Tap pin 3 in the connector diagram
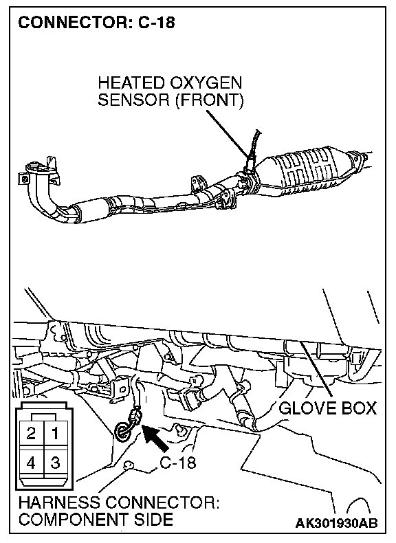[x=55, y=463]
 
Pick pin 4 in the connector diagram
[x=32, y=463]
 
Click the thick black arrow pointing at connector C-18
[x=155, y=439]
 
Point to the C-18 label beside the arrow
[x=178, y=463]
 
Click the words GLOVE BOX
[x=327, y=408]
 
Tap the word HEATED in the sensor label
[x=131, y=83]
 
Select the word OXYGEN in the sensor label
[x=206, y=83]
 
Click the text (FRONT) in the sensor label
[x=209, y=100]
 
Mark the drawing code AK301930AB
[x=336, y=523]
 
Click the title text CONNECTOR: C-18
[x=97, y=23]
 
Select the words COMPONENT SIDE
[x=96, y=520]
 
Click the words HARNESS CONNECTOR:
[x=119, y=502]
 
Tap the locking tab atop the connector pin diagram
[x=43, y=417]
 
